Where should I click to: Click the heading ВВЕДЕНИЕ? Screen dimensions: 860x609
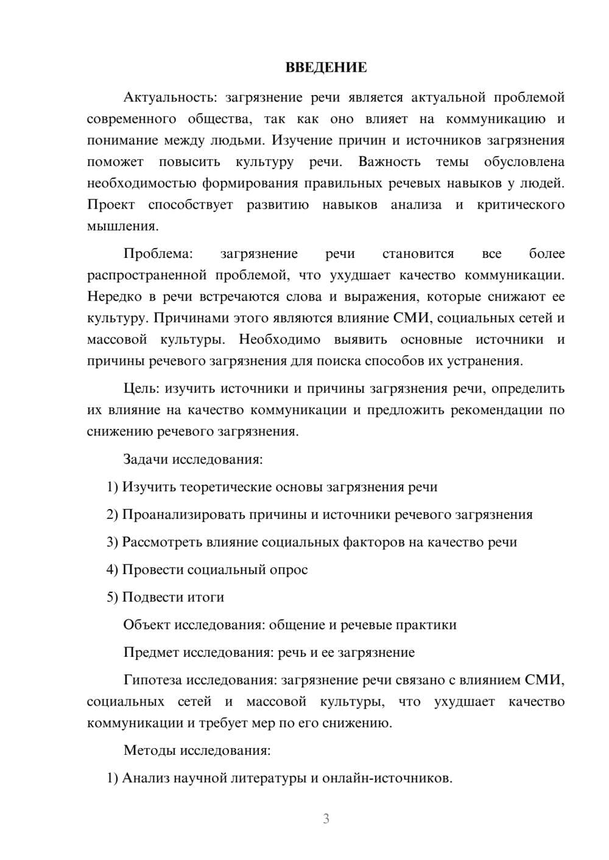coord(326,68)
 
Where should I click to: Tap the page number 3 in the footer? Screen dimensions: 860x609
coord(326,819)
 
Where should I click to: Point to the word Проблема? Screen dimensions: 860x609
coord(158,254)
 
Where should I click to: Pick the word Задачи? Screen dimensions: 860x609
coord(146,459)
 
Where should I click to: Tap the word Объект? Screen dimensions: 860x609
coord(147,625)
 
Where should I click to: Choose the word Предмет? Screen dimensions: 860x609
coord(151,653)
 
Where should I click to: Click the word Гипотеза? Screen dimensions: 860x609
coord(152,680)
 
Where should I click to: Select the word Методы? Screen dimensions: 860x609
coord(149,750)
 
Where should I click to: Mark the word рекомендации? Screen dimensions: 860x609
coord(496,410)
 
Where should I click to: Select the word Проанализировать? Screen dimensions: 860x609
coord(183,515)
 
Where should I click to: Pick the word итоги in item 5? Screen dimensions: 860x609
coord(206,597)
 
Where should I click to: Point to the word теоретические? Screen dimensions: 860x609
coord(225,487)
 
